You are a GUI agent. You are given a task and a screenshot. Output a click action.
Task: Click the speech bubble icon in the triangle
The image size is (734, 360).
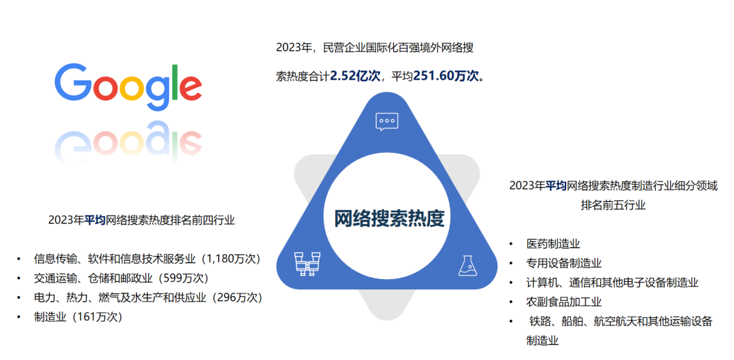[x=387, y=122]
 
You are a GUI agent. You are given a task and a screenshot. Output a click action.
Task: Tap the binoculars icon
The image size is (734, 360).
[x=308, y=264]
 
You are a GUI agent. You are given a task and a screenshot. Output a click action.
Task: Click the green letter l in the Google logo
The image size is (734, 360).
[x=175, y=82]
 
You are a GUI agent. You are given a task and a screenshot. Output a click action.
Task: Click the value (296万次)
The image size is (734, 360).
[x=235, y=298]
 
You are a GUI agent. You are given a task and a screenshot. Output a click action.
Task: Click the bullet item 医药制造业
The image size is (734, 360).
[x=553, y=244]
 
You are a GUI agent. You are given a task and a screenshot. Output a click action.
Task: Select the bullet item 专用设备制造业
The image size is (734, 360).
[x=563, y=263]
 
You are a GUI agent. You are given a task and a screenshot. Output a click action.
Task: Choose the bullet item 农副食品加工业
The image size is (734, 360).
[x=563, y=302]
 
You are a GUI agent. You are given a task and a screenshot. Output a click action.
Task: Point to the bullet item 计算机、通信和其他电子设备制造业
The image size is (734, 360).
[x=612, y=283]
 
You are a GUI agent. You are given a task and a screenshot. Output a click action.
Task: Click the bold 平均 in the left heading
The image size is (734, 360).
[x=95, y=220]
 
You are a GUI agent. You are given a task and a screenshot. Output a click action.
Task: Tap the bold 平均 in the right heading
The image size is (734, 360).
[x=556, y=186]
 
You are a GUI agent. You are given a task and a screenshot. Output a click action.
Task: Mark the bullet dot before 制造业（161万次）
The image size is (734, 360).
[x=18, y=317]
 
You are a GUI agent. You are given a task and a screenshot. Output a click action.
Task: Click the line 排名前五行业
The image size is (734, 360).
[x=613, y=205]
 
